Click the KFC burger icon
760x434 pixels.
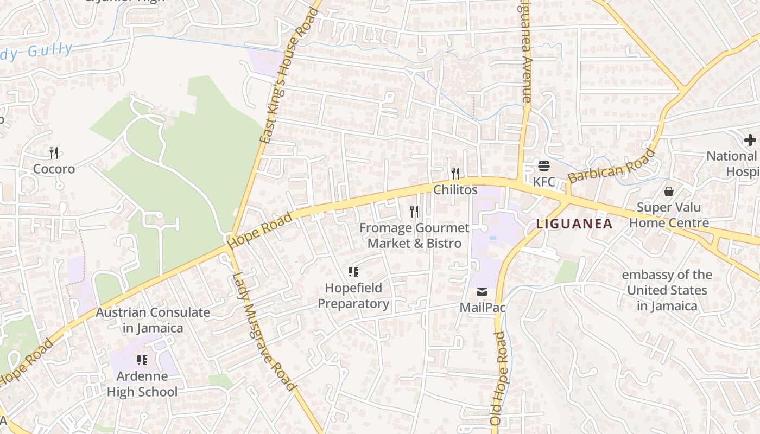coord(543,165)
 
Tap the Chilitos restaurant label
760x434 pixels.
coord(455,189)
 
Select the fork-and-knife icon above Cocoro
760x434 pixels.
coord(54,153)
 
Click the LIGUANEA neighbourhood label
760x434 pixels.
coord(574,224)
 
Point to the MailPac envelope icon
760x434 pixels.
coord(482,292)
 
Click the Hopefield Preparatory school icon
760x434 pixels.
coord(353,272)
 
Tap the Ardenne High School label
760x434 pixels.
coord(142,384)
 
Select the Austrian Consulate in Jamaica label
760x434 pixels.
coord(153,320)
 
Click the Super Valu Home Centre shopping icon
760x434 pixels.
coord(669,192)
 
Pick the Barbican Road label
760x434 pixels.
coord(611,166)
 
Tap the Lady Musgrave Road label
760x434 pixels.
coord(263,330)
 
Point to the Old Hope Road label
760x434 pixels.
coord(498,378)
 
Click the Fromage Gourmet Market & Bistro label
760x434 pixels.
coord(414,235)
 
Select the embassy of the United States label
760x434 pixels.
coord(667,290)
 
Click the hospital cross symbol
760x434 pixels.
coord(750,140)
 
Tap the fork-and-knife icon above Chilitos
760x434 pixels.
coord(455,173)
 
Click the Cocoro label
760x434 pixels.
coord(54,169)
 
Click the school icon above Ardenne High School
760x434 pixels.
coord(142,360)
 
